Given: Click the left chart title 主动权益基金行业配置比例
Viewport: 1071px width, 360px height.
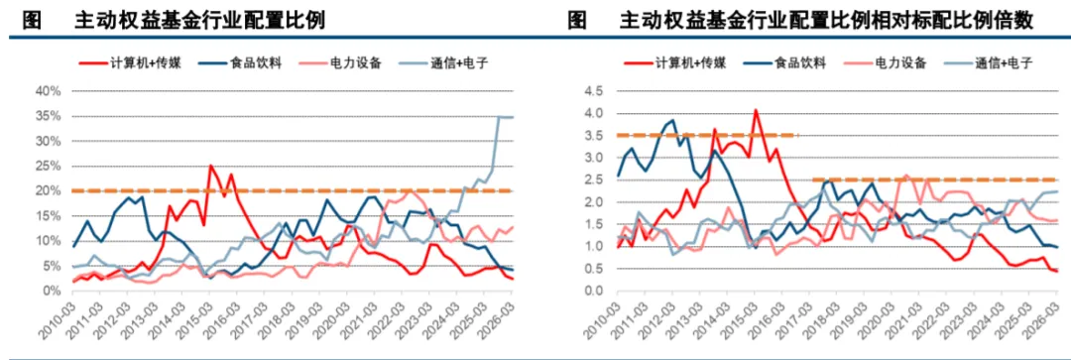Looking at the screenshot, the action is (x=199, y=21).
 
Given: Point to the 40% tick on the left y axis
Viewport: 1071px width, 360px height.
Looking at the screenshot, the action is (x=51, y=91).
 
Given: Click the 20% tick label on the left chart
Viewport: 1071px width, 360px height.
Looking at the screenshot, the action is (x=51, y=190).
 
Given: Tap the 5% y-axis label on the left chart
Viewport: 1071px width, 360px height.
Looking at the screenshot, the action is (x=54, y=266).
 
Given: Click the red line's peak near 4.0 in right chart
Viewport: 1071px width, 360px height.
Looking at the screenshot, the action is (x=756, y=109).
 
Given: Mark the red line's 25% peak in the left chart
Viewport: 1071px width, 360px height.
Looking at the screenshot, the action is (x=210, y=166).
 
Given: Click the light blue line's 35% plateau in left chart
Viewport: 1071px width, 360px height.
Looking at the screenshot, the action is (x=506, y=117).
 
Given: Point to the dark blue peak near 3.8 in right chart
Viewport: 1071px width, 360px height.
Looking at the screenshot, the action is (x=672, y=121).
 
